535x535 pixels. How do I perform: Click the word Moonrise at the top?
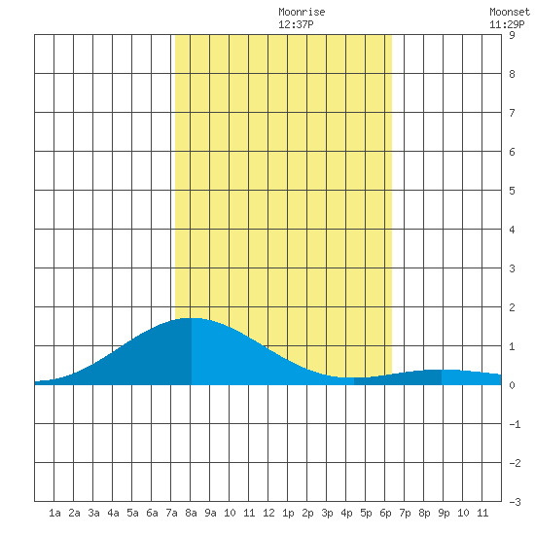302,12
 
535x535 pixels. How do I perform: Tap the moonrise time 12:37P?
296,24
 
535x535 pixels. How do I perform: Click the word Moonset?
510,12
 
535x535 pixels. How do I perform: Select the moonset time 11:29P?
507,24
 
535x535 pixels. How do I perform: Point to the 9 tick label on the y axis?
512,35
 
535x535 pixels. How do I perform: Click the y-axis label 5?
512,191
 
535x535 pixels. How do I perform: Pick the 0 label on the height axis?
512,385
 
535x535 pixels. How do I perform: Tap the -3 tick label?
515,502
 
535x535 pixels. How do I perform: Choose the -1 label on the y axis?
515,424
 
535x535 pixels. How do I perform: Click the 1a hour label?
54,513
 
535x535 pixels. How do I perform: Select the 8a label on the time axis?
191,513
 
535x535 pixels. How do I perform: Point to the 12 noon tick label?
268,513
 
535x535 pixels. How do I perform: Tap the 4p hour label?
346,513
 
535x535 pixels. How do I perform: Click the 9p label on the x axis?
444,513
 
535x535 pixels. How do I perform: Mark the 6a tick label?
152,513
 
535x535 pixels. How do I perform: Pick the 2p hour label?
307,513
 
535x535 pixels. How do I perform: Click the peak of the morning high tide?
191,318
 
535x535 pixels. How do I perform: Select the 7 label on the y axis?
512,113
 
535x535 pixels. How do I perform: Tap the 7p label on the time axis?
405,513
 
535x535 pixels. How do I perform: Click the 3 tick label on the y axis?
512,268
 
